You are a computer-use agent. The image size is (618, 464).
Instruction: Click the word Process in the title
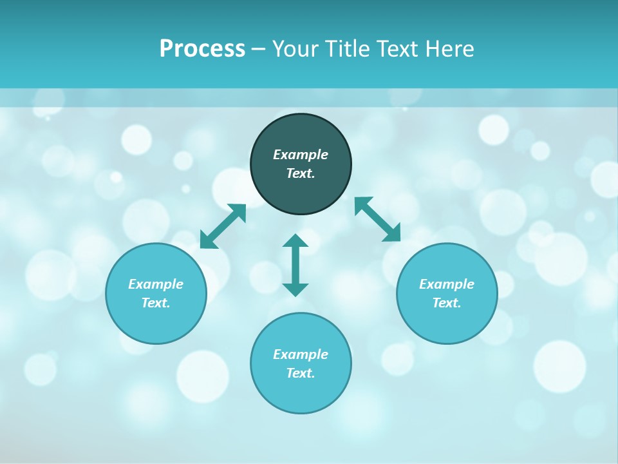point(202,49)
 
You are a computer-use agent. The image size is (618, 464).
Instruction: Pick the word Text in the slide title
point(398,49)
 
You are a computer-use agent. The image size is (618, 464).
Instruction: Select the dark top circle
point(301,190)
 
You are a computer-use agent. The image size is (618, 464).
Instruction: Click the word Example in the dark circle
point(301,155)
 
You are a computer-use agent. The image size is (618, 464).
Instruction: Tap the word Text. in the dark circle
point(301,173)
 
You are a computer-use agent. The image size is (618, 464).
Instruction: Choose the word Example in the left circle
point(156,284)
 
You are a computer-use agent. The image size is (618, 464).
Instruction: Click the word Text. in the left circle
point(156,303)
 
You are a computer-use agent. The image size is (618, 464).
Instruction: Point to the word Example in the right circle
point(447,284)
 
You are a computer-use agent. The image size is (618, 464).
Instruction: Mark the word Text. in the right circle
point(447,303)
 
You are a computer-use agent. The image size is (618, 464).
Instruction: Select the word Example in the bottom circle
point(301,354)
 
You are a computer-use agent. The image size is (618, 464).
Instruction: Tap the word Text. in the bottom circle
point(301,373)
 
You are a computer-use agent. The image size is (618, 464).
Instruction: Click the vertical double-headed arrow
point(295,265)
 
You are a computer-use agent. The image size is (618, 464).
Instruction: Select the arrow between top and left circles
point(223,226)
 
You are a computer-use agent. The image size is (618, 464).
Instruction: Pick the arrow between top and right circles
point(378,220)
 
